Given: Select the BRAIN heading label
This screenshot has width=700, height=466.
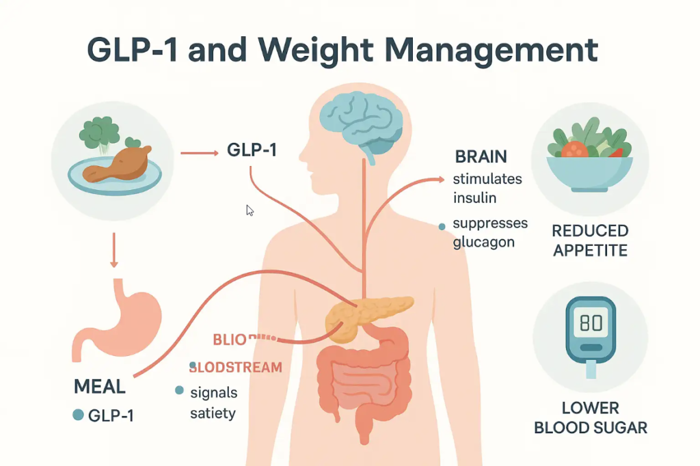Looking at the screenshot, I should [481, 156].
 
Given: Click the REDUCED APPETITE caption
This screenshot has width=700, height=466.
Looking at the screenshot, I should [590, 241].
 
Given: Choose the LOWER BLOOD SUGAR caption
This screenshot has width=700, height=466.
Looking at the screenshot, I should [590, 418].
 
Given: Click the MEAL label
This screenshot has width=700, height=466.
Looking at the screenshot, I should [99, 387].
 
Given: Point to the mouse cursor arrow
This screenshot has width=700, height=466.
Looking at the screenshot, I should [250, 210].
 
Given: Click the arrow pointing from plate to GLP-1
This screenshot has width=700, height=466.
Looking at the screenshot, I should [198, 154].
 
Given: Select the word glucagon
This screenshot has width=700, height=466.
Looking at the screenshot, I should [483, 242].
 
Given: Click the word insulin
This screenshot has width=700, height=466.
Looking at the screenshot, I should [474, 198].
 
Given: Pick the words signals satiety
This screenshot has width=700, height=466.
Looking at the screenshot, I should [213, 402].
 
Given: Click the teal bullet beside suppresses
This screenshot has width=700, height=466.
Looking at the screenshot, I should [442, 226].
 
